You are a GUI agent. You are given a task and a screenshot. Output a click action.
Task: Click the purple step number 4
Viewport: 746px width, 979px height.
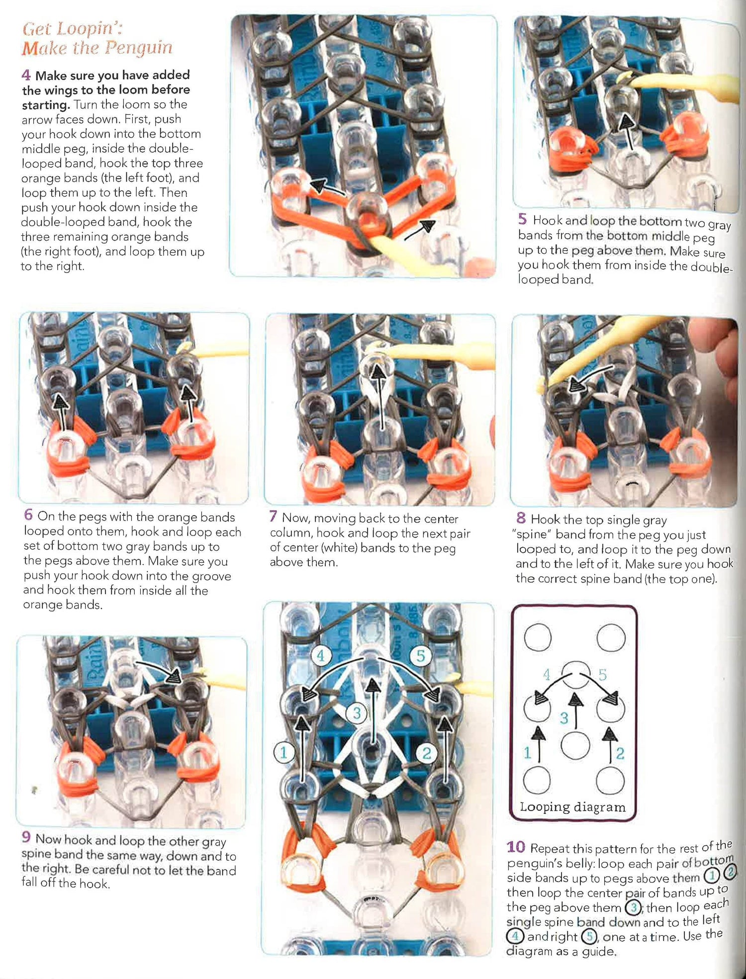(26, 75)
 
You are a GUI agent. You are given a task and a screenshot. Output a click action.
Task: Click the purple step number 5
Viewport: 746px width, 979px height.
(522, 219)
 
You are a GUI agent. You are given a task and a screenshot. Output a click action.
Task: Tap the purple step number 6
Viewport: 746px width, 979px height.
(28, 515)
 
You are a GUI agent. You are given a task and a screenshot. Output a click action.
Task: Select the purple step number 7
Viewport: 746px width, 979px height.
(273, 517)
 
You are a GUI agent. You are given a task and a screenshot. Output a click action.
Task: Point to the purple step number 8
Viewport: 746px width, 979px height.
(521, 518)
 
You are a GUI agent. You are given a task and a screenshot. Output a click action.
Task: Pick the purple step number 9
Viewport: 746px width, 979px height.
(26, 837)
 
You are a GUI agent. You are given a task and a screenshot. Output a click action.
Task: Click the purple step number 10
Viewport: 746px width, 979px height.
(516, 847)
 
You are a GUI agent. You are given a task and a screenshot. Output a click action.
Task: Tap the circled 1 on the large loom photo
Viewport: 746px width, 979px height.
(283, 753)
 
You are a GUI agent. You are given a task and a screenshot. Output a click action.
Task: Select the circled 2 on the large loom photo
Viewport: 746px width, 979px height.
(426, 753)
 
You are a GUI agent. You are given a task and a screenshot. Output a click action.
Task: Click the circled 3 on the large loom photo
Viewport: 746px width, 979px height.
(357, 713)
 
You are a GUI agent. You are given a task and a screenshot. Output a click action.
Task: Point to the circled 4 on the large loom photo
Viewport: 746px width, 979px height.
(320, 656)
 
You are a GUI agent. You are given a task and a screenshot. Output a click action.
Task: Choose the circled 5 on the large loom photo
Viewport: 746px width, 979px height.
(421, 656)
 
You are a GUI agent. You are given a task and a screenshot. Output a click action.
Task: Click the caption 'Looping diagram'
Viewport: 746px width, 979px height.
(572, 807)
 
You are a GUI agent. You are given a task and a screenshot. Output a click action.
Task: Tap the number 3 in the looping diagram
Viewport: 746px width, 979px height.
(563, 718)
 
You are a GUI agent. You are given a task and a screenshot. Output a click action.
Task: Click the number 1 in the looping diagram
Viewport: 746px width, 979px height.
(527, 753)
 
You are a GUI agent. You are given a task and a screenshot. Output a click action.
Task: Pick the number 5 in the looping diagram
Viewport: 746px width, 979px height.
(602, 675)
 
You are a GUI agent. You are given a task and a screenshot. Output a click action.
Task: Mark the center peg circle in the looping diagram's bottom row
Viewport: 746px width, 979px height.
(575, 745)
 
